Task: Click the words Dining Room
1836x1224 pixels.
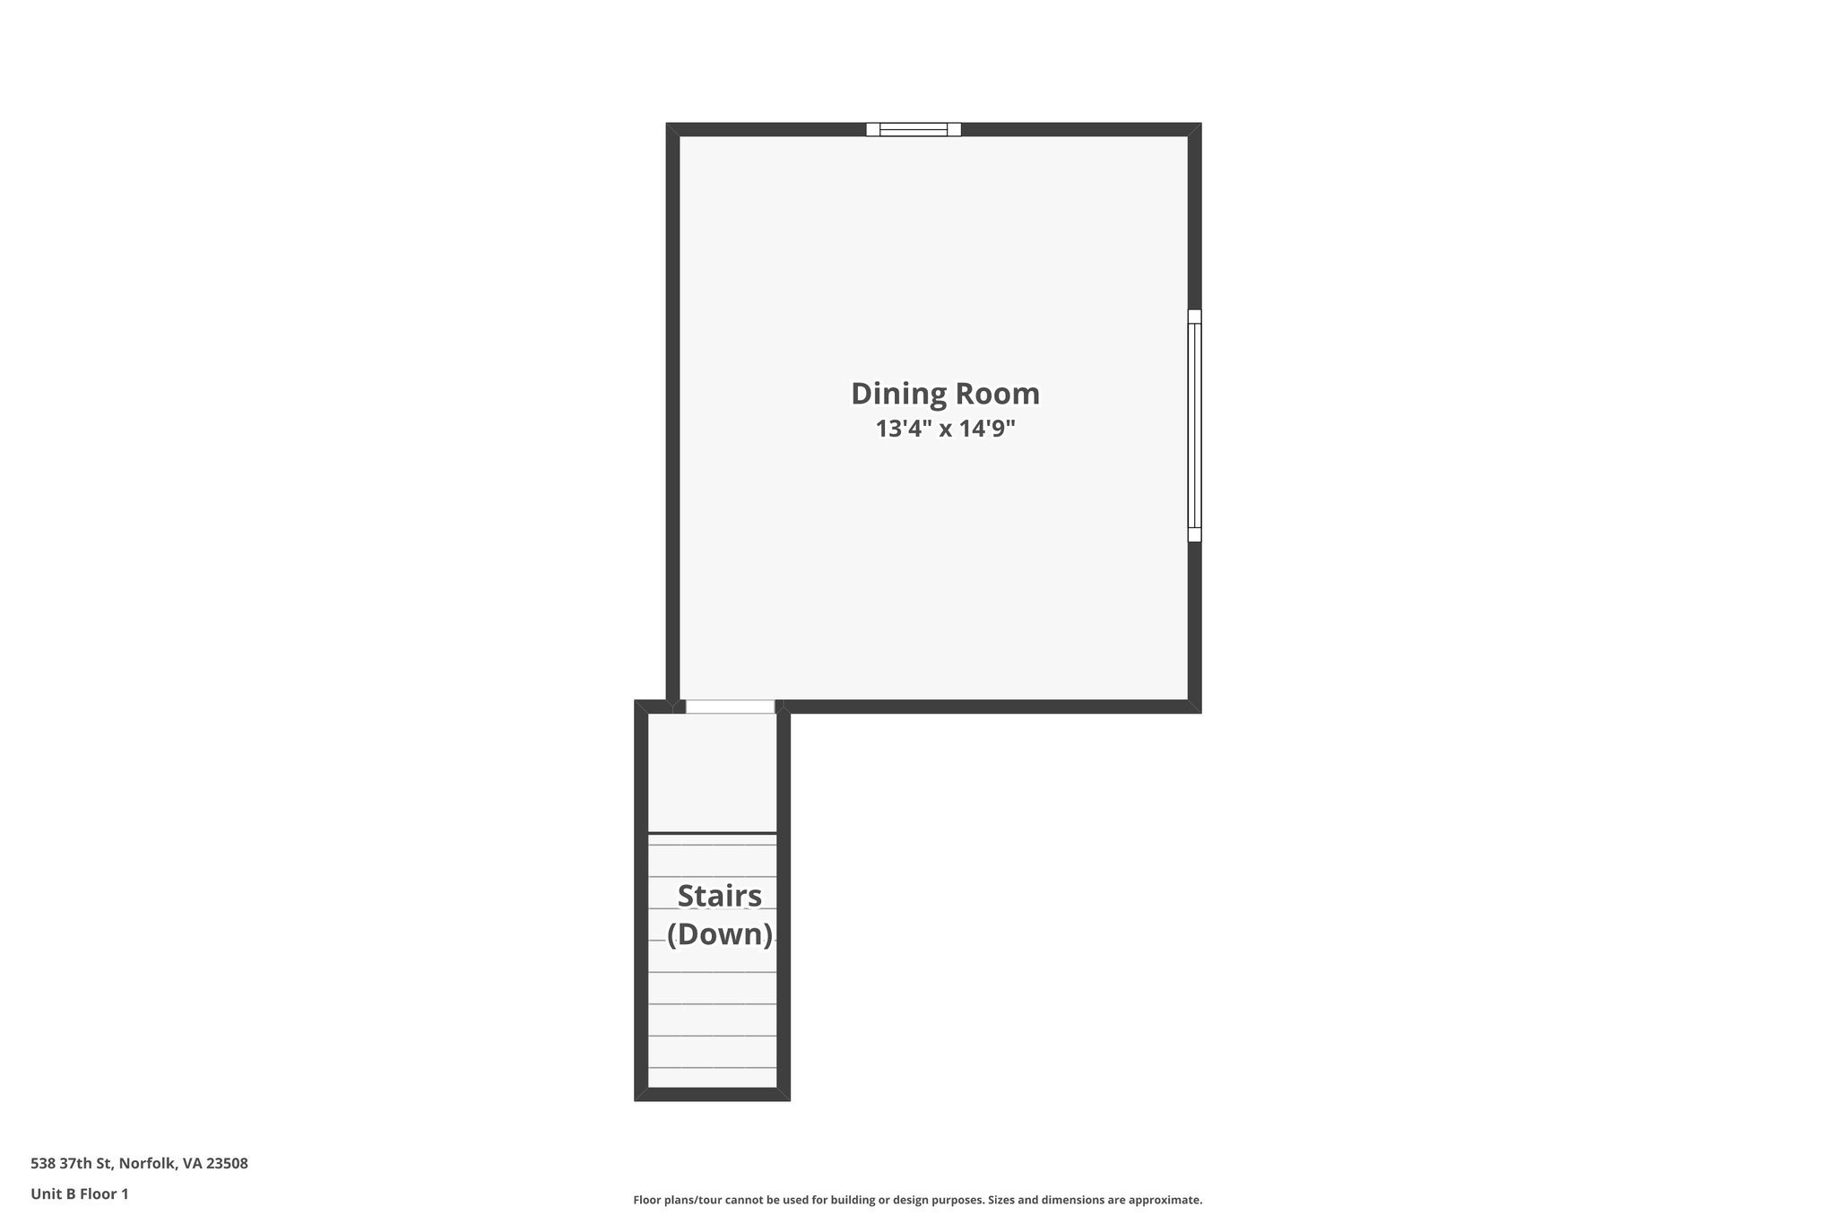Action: [945, 394]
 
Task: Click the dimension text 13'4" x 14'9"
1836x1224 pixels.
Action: [945, 429]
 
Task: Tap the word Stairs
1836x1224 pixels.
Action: [719, 896]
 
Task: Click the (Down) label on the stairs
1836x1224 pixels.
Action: [719, 934]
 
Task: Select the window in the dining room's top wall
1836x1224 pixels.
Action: [913, 129]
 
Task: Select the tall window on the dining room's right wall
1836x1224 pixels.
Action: [1194, 425]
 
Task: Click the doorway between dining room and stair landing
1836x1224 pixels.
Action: [730, 707]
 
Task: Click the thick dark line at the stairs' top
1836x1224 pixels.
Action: [712, 834]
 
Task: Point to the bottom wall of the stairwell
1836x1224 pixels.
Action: [712, 1094]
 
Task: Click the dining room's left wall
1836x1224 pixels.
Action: [672, 412]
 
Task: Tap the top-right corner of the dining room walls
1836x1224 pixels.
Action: [1194, 129]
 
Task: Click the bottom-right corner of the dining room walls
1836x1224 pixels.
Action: [1194, 707]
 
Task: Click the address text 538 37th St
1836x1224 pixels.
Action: [72, 1163]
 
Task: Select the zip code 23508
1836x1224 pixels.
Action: [227, 1163]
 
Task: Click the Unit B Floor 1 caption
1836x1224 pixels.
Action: [80, 1194]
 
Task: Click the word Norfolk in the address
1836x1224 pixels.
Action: [147, 1163]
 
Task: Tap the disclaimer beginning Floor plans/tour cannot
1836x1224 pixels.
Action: [917, 1200]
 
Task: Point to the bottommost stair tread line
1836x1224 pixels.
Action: [712, 1068]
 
